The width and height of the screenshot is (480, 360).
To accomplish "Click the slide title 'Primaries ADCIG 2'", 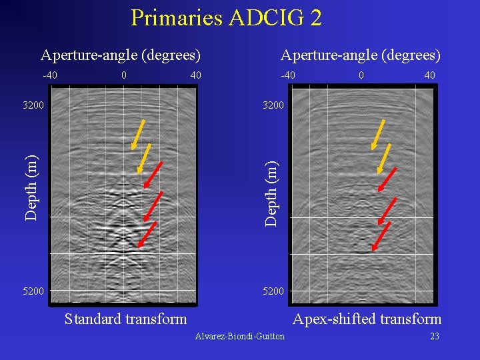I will [226, 18].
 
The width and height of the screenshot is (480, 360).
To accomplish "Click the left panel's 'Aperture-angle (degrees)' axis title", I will [121, 55].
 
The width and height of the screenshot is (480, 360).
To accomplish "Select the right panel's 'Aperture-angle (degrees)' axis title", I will [361, 55].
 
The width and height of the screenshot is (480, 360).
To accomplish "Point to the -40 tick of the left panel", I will [50, 75].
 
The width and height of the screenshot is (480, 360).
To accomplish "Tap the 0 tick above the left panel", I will [124, 75].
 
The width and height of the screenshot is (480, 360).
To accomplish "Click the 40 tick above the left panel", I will [195, 75].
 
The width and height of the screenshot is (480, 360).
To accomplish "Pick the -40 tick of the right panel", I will [288, 75].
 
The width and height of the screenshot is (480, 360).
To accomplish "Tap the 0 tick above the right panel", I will [361, 75].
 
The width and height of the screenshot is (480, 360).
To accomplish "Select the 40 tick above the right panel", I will [429, 75].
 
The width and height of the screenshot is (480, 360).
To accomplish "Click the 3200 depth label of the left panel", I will [33, 105].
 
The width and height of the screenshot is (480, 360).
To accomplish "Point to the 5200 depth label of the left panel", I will [33, 291].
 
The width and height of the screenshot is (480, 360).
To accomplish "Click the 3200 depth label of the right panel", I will [273, 105].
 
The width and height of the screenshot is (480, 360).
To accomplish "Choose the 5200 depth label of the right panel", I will [273, 291].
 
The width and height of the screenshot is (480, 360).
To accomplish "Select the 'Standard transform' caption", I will [125, 319].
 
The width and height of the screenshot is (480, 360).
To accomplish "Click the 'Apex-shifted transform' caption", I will [367, 319].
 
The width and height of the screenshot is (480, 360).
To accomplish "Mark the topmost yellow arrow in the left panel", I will [139, 133].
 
